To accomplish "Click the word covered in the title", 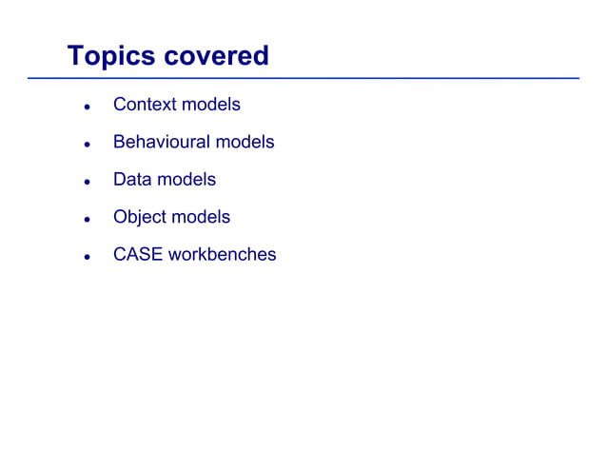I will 217,55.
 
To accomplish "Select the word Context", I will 145,105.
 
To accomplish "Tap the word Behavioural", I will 161,142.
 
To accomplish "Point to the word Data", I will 132,180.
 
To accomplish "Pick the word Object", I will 140,217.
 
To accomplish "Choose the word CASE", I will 137,255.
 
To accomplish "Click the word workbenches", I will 222,255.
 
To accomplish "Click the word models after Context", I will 211,105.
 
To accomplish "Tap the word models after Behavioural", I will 245,142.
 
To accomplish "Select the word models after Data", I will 186,180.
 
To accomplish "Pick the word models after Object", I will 201,217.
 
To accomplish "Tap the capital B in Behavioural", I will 119,142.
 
